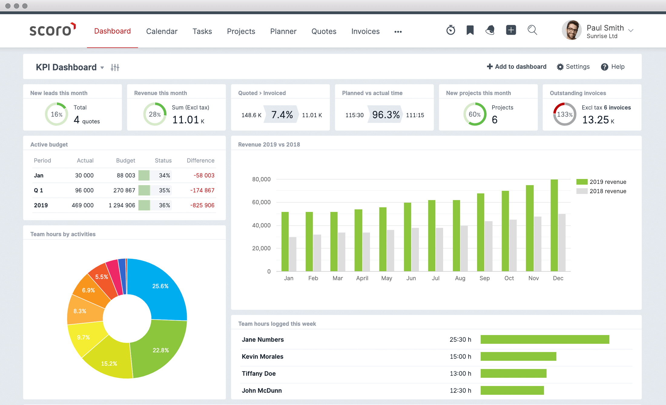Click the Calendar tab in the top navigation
point(162,31)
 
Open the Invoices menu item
point(365,31)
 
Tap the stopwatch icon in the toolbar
point(450,30)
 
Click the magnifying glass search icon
point(532,30)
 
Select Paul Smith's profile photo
point(571,30)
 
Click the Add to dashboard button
point(516,67)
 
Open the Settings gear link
point(573,67)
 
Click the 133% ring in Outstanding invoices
point(564,114)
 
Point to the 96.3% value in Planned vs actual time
point(385,115)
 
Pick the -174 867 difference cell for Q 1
point(202,190)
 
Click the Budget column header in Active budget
point(125,161)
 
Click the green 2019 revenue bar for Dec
point(554,226)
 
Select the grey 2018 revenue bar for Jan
point(292,254)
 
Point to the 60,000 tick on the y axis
point(261,202)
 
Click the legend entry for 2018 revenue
point(601,191)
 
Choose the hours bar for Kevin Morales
point(518,356)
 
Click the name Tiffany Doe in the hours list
point(259,373)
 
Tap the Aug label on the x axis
point(460,278)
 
